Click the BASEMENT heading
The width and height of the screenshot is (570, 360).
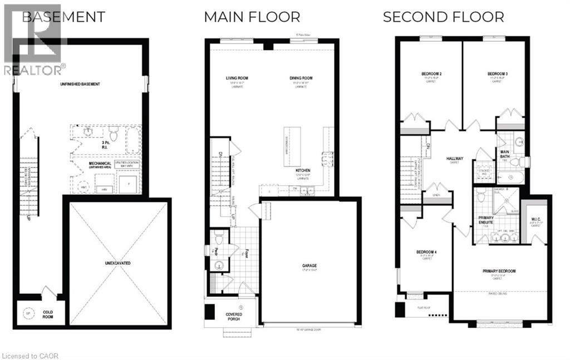[x=63, y=17]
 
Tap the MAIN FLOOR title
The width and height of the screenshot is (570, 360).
[x=252, y=17]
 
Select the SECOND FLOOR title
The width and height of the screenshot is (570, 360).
[x=443, y=17]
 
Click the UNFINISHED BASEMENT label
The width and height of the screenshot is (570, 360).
[x=81, y=84]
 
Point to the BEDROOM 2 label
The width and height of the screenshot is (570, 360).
[x=431, y=74]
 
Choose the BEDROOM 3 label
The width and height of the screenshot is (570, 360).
[x=498, y=74]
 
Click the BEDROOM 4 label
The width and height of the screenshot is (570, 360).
[x=426, y=252]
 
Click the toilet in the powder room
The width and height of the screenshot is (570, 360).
[x=219, y=240]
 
